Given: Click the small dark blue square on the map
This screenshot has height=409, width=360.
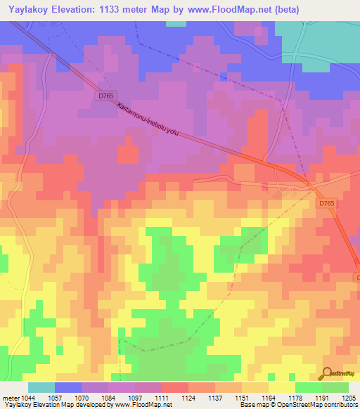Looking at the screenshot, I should (224, 77).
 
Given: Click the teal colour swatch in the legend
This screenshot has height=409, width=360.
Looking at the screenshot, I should (41, 387).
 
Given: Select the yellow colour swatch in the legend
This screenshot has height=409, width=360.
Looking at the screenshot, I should (281, 387).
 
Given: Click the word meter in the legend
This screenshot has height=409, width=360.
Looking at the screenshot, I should (11, 398).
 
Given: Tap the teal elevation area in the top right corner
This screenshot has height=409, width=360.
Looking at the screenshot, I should (330, 42).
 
